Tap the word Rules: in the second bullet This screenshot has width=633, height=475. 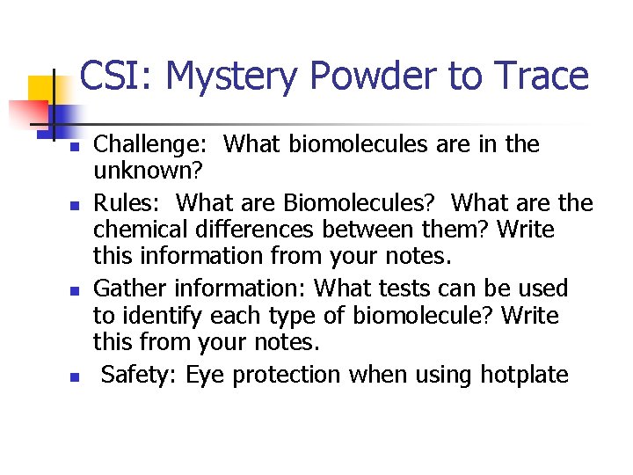[x=127, y=202]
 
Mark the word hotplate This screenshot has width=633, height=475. [x=524, y=375]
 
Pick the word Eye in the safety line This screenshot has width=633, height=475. [x=206, y=375]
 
